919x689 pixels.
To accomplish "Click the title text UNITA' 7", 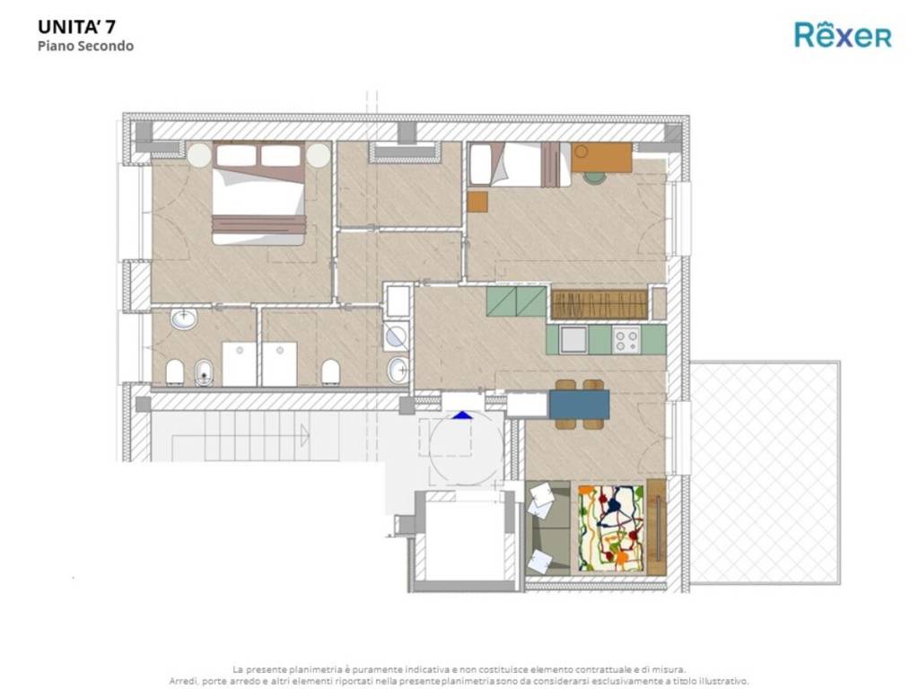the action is (77, 27).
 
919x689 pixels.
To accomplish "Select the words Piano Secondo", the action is (85, 46).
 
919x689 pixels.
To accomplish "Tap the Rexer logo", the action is (843, 34).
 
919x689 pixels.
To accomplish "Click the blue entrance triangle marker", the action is (462, 415).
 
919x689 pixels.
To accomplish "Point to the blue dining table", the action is (579, 405).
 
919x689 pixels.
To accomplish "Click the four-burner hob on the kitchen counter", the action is (626, 340).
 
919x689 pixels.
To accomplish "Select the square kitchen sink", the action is (573, 340).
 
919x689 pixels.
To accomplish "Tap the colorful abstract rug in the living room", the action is (610, 528).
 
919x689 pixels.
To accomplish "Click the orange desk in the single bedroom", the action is (602, 157).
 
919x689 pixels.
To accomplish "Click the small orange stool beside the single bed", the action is (477, 202).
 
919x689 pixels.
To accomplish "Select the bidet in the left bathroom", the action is (204, 372).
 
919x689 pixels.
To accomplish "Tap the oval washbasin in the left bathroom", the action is (184, 320).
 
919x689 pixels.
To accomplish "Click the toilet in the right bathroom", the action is (330, 371).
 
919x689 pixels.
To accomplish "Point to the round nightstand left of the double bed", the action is (199, 155).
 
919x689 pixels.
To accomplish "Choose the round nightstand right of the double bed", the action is (319, 155).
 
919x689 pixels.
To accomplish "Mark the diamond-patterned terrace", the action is (766, 473).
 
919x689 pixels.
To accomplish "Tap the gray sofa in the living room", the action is (548, 528).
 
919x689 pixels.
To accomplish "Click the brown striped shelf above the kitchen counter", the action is (599, 305).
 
